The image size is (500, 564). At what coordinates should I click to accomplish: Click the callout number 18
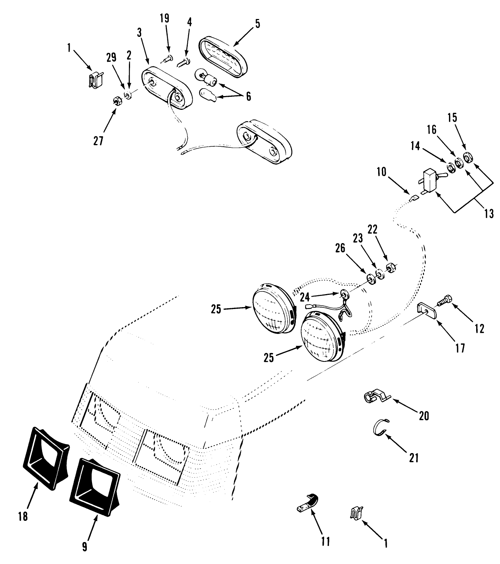pyautogui.click(x=23, y=516)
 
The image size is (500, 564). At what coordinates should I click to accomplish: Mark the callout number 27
pyautogui.click(x=98, y=141)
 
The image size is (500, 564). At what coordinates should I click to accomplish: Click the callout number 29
pyautogui.click(x=111, y=57)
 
